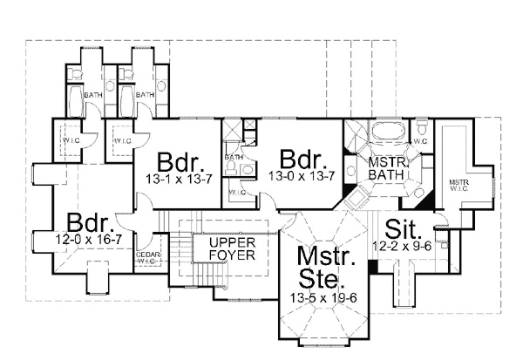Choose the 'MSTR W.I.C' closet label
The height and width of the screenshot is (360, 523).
click(459, 185)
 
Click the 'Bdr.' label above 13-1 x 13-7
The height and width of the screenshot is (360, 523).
click(181, 162)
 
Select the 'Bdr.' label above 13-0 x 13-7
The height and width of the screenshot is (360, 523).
click(303, 161)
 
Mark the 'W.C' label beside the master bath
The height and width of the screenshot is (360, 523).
click(419, 139)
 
